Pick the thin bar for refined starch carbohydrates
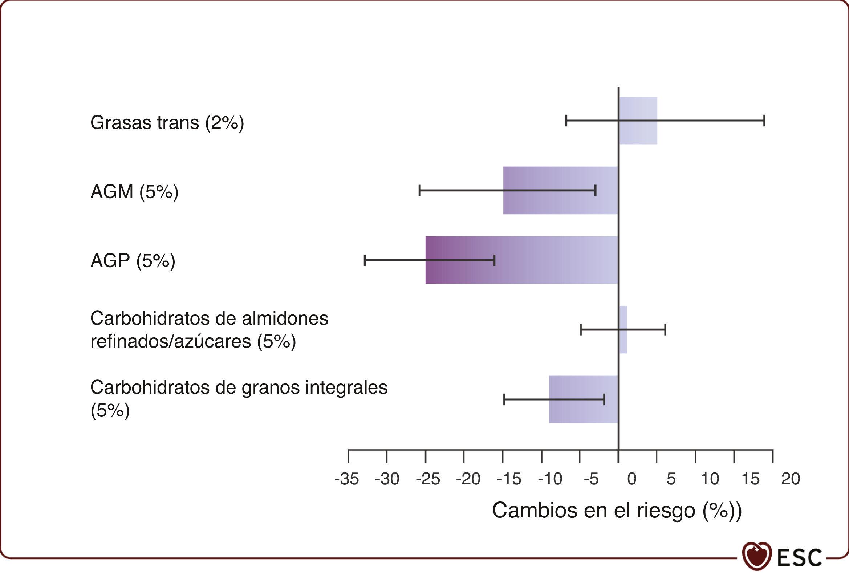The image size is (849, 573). [623, 343]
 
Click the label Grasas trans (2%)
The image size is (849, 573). [167, 123]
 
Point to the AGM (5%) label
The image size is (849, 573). [134, 192]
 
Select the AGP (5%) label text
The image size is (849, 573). [133, 261]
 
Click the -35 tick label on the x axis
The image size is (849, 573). [347, 479]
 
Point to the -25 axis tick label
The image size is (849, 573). [428, 479]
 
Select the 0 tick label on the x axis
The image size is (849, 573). [631, 479]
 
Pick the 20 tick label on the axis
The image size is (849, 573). [791, 479]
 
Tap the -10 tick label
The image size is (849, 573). [550, 479]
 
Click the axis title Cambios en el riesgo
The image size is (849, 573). [617, 510]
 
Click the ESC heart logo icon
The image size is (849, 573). [757, 556]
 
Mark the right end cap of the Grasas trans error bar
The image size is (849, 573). [764, 121]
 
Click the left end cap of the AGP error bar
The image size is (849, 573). [365, 260]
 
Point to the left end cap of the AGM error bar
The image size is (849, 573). [419, 190]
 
